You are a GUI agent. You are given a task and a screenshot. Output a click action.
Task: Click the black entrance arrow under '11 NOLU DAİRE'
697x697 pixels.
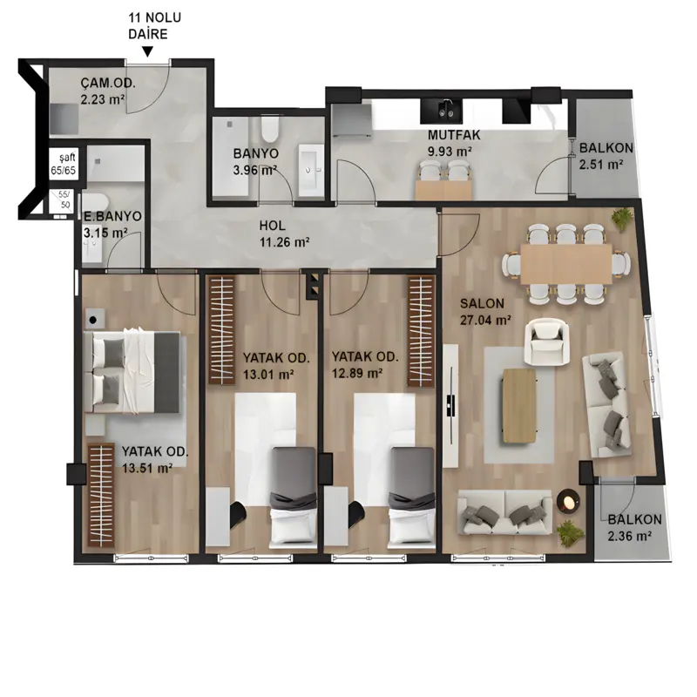click(147, 51)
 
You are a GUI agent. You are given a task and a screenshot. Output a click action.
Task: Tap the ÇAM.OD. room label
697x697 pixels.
click(108, 83)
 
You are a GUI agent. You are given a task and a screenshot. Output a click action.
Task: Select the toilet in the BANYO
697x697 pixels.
click(269, 128)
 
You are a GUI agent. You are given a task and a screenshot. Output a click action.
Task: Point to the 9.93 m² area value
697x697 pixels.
click(450, 151)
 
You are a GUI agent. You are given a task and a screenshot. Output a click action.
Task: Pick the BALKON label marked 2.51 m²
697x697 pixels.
click(606, 147)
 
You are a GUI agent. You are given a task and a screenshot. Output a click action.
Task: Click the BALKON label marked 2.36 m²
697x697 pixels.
click(635, 519)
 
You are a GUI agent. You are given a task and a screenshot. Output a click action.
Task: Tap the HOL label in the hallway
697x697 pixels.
click(273, 226)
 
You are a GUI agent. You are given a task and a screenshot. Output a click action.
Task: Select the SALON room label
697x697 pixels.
click(483, 303)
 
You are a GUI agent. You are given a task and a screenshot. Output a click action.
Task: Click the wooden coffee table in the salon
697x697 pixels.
click(519, 405)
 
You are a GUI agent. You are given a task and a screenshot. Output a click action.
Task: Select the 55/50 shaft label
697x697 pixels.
click(64, 200)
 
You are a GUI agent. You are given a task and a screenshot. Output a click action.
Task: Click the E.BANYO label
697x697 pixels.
click(113, 216)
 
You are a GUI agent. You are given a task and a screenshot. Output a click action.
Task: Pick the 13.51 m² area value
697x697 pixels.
click(147, 468)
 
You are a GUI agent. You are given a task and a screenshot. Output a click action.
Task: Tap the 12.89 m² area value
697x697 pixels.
click(357, 373)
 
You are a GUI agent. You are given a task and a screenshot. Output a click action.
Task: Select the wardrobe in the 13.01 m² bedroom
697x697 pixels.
click(222, 330)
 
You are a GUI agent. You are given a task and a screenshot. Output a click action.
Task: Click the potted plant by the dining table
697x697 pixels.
click(622, 219)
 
